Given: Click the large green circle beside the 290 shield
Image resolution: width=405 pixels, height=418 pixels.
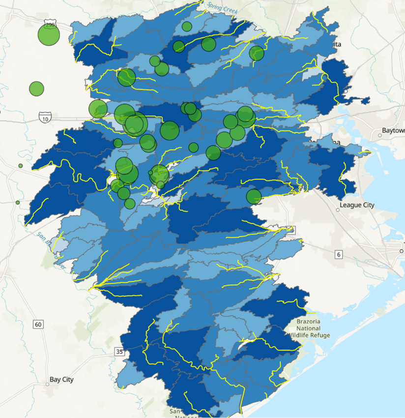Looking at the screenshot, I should [x=49, y=35].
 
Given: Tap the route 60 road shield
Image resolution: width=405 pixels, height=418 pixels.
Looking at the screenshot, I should [x=38, y=324].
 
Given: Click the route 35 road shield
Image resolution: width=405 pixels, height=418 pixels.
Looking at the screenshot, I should [x=119, y=351].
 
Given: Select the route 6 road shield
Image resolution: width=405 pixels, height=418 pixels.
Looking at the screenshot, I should [x=338, y=254].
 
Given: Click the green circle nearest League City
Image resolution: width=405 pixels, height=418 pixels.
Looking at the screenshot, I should [x=254, y=197].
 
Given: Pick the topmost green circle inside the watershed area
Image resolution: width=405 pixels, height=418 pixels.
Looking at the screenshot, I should [x=186, y=27].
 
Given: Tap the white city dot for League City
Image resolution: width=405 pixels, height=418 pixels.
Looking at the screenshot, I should [x=338, y=210].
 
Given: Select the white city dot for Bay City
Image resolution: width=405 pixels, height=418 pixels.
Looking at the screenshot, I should [x=48, y=384].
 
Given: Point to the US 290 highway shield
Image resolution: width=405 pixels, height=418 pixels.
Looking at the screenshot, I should [x=49, y=24].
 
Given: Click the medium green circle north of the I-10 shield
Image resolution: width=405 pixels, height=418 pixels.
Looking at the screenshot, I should [x=36, y=89].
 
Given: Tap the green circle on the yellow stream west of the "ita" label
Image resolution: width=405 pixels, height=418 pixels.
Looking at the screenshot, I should [x=256, y=53].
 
